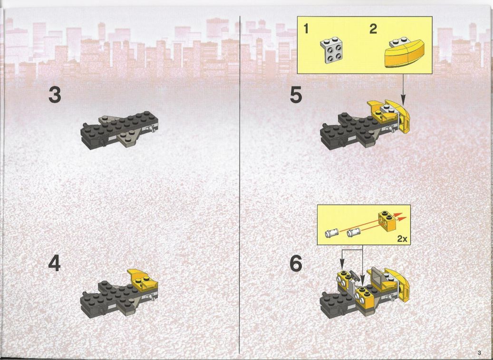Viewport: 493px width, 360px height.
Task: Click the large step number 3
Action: point(55,95)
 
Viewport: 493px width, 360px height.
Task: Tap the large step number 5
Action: point(296,95)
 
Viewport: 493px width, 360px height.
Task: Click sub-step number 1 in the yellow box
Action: point(306,29)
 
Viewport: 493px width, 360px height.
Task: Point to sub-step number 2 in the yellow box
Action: point(373,29)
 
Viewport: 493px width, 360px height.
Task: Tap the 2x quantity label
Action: point(402,239)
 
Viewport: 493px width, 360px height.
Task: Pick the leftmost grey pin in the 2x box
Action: point(331,233)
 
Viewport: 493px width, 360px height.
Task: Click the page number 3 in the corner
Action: point(479,352)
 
